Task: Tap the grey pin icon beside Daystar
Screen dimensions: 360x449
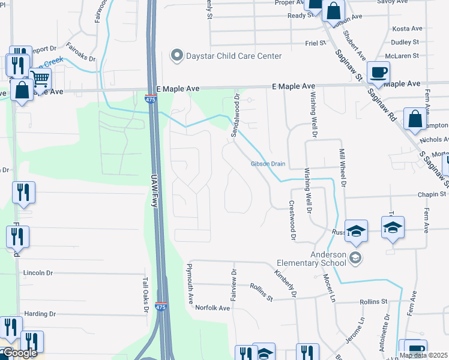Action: point(177,56)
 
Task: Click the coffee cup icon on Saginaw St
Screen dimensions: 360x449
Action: point(378,73)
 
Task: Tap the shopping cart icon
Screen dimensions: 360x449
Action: point(40,78)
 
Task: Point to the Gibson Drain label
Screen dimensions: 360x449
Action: point(268,164)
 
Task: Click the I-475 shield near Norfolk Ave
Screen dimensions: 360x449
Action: point(161,307)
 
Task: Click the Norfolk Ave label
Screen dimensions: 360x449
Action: point(212,308)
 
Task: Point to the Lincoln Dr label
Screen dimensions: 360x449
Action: point(38,272)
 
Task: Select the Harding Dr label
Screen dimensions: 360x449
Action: point(40,314)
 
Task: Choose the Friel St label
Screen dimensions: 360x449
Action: point(315,43)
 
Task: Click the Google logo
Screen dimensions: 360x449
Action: point(19,353)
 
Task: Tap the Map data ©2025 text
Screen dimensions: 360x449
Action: point(424,355)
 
